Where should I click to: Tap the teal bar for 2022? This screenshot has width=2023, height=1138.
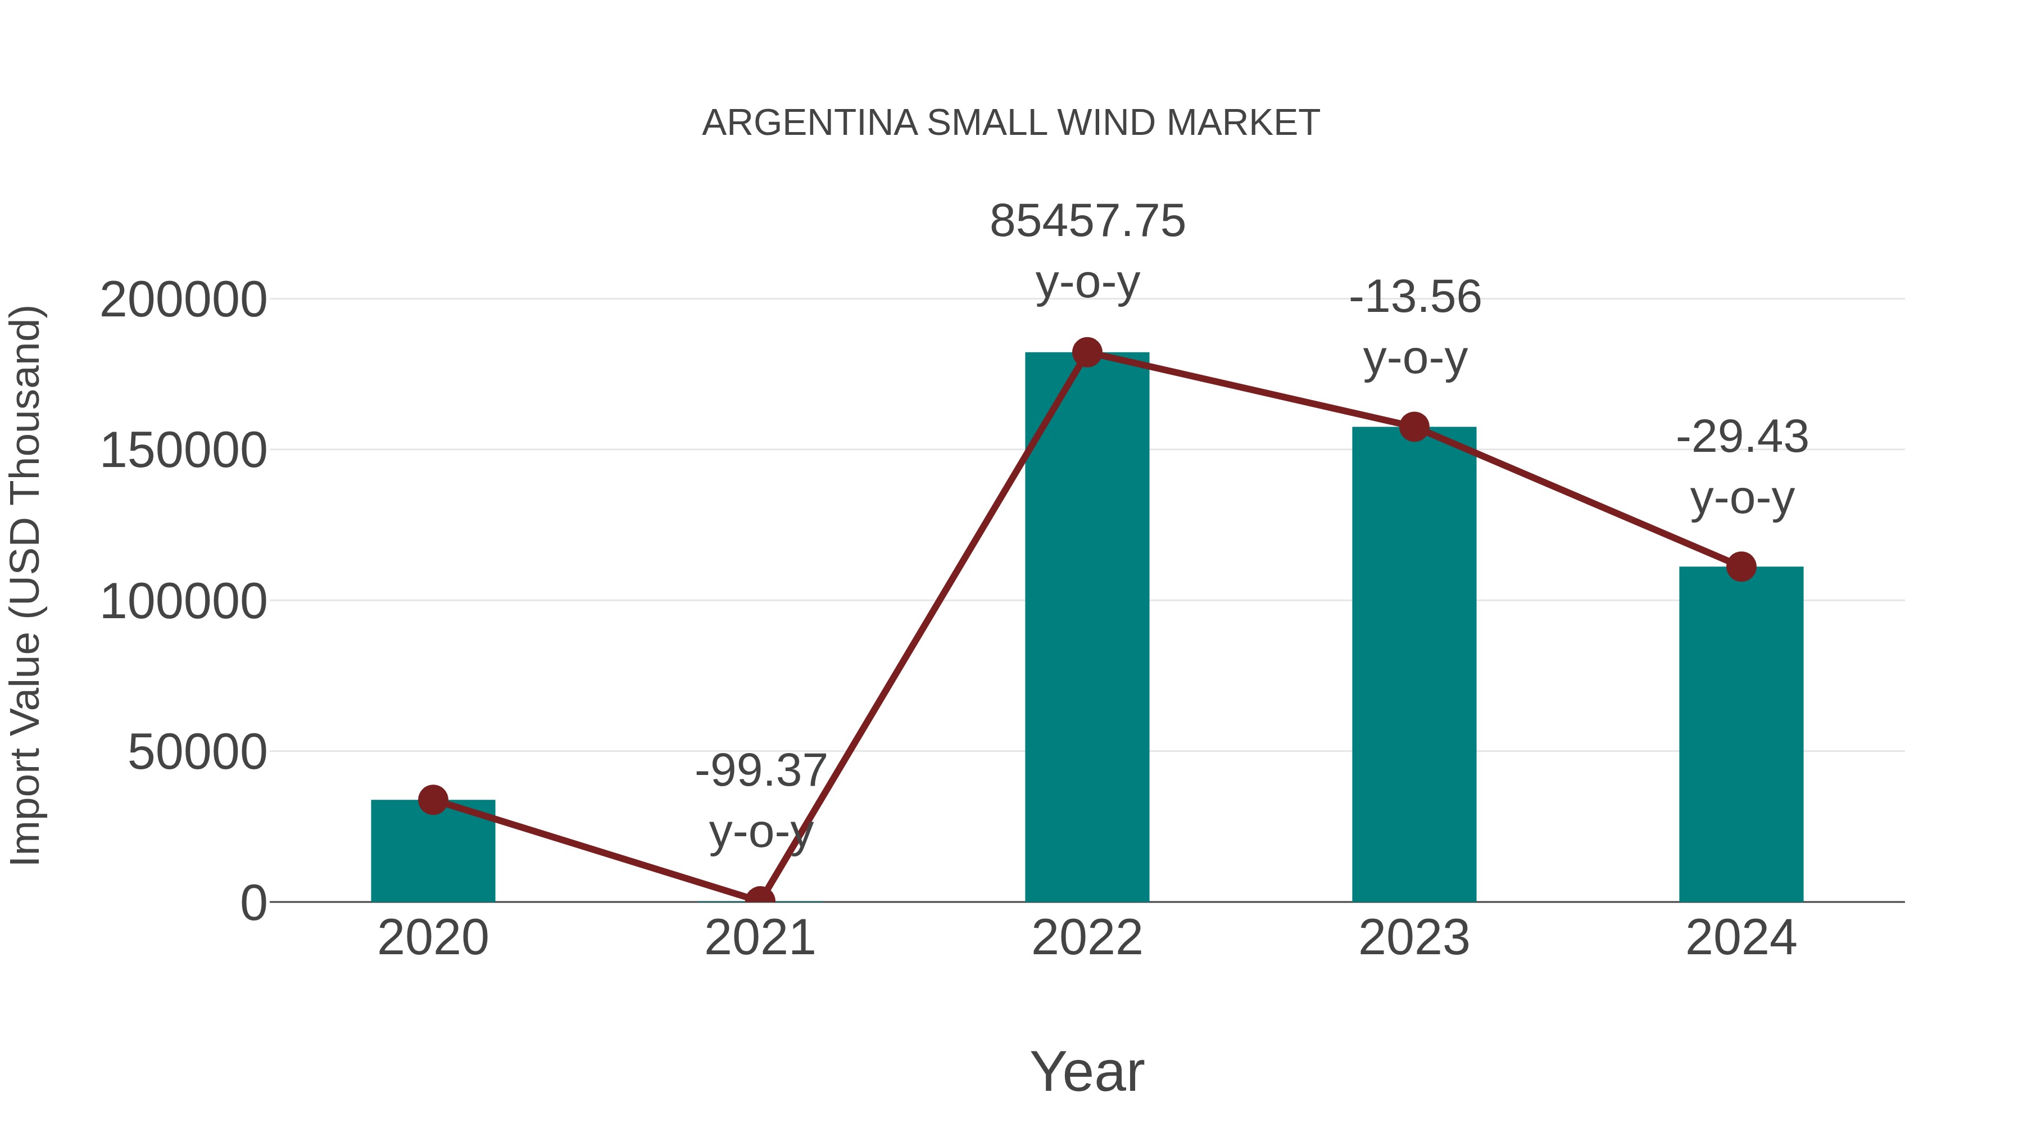pyautogui.click(x=1087, y=628)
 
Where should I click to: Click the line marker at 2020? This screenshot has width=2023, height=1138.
pyautogui.click(x=433, y=800)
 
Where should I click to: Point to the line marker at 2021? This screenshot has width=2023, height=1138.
pyautogui.click(x=759, y=900)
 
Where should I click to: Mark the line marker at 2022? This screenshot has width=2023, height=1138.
pyautogui.click(x=1087, y=352)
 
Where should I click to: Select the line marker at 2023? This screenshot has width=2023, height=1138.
pyautogui.click(x=1414, y=427)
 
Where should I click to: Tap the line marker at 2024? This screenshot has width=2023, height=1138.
pyautogui.click(x=1741, y=566)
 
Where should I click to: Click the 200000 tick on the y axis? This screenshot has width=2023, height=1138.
pyautogui.click(x=183, y=300)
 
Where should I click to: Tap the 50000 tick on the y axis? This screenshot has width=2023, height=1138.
pyautogui.click(x=197, y=752)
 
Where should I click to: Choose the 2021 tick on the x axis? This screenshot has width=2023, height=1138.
pyautogui.click(x=759, y=938)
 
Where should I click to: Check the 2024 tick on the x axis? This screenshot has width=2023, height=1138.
pyautogui.click(x=1741, y=938)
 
